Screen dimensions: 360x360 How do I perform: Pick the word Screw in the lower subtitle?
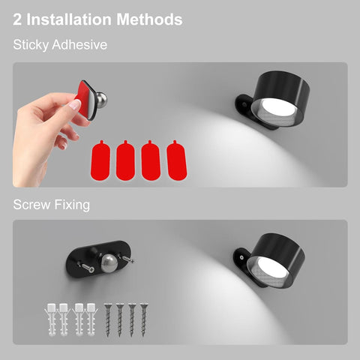(31, 203)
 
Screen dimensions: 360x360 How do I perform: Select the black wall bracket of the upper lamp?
(246, 106)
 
